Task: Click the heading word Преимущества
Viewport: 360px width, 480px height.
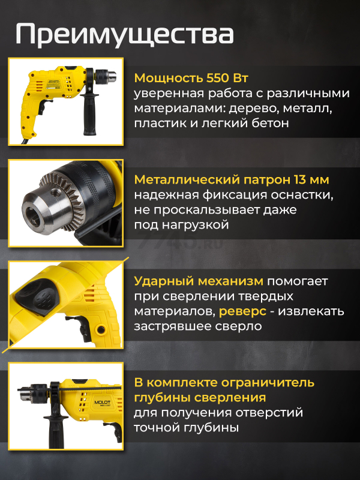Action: tap(125, 34)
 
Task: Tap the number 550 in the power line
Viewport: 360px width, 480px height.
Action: tap(217, 78)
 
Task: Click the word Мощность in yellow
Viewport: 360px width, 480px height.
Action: tap(168, 79)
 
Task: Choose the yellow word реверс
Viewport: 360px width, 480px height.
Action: tap(242, 311)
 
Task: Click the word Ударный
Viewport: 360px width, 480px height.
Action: tap(164, 281)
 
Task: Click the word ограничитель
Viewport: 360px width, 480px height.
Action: tap(268, 382)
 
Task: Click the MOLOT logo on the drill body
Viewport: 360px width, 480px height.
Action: tap(102, 402)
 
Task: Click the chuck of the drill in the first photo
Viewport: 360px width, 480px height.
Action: tap(106, 76)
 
